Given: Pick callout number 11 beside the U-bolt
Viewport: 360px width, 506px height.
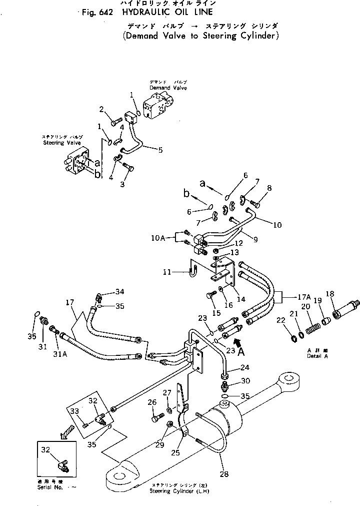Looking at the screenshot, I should (167, 272).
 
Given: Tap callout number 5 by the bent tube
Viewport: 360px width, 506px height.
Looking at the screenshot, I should (160, 149).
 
